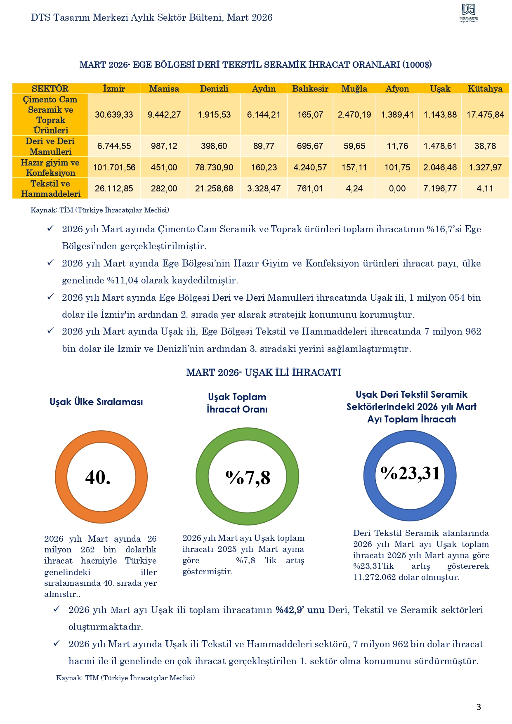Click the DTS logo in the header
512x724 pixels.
click(x=469, y=13)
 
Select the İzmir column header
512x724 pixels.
click(x=114, y=89)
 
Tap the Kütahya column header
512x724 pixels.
click(x=485, y=89)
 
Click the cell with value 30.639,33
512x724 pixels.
click(x=114, y=115)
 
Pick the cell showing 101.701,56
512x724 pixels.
click(x=114, y=167)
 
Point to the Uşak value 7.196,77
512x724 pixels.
click(x=440, y=189)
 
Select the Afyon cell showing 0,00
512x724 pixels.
click(x=397, y=189)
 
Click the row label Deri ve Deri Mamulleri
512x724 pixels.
click(x=50, y=146)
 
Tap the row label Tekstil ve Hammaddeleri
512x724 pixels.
click(x=50, y=189)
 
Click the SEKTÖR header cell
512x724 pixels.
click(x=50, y=89)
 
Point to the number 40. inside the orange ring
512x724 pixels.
click(x=98, y=477)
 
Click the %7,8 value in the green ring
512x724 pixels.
click(x=248, y=478)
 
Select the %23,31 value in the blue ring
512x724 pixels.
click(x=410, y=473)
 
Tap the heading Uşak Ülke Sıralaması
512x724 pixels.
click(x=96, y=402)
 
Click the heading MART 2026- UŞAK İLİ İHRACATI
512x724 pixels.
click(x=264, y=373)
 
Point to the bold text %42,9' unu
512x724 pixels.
click(x=300, y=610)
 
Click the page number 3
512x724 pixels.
click(x=479, y=707)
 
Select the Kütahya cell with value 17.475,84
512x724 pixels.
click(x=485, y=115)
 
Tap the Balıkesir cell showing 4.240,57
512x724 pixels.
click(x=310, y=167)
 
